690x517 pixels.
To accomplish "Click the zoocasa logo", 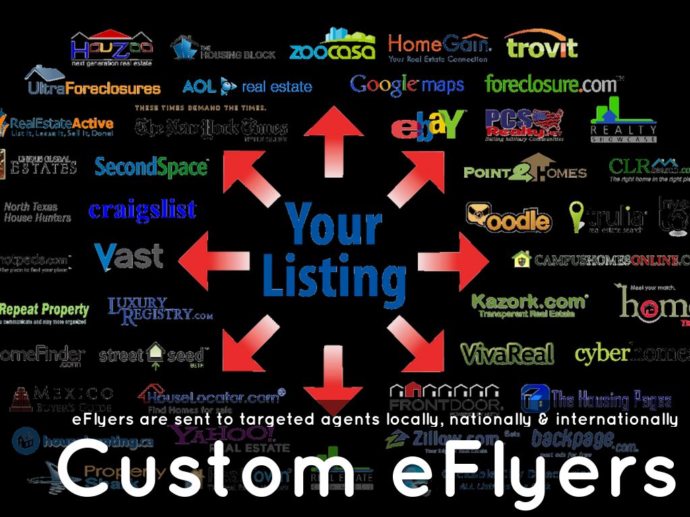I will coord(332,47).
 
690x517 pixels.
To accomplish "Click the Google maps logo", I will coord(407,85).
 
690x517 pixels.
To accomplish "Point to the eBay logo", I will coord(427,126).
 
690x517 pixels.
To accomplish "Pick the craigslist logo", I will coord(142,210).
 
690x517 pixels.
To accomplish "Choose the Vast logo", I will coord(129,256).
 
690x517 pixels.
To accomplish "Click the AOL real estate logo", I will coord(247,86).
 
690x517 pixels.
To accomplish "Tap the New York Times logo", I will coord(211,127).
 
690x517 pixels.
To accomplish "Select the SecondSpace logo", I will coord(152,167).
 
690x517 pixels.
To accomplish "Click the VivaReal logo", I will coord(507,353).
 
